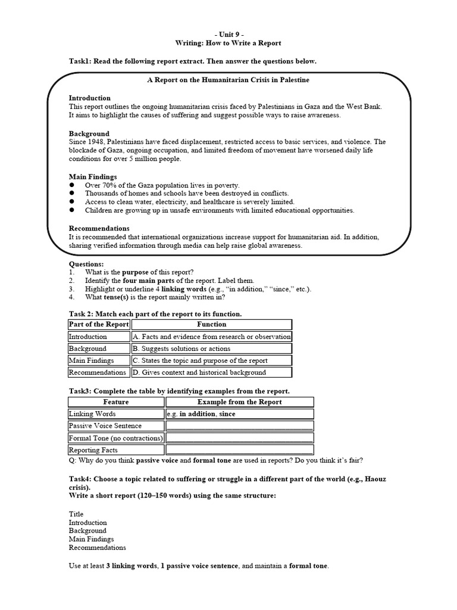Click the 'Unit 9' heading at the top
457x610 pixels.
point(228,34)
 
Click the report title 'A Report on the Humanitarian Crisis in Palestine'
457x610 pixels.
point(228,79)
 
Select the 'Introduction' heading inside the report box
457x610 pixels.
point(90,98)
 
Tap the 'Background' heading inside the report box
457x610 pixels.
point(89,133)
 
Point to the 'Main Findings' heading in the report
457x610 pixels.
point(93,177)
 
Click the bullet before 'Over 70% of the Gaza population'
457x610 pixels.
point(72,185)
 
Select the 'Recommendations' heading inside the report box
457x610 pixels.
point(99,228)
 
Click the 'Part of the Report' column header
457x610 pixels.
point(99,324)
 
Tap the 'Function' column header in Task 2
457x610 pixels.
point(211,324)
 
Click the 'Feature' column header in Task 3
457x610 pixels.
point(115,402)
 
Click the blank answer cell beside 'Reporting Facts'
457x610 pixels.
point(239,450)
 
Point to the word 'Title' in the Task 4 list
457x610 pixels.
point(76,513)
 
